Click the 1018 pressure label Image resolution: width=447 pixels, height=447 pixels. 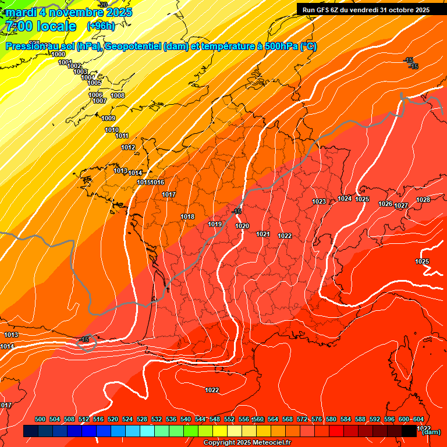click(x=187, y=217)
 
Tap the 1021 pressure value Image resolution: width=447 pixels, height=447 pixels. click(x=263, y=234)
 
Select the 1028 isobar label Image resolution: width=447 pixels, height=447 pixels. click(x=423, y=200)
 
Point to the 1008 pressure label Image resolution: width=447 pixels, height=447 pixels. click(x=118, y=95)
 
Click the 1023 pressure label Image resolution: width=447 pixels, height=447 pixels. click(x=319, y=202)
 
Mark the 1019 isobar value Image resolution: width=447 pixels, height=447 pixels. click(x=215, y=224)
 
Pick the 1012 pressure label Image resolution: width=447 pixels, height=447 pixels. click(x=128, y=147)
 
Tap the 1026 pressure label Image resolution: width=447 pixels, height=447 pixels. click(x=385, y=204)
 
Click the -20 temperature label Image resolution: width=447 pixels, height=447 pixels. click(x=103, y=5)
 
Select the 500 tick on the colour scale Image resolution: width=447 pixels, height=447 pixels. click(x=40, y=419)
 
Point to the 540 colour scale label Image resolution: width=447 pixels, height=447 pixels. click(x=186, y=419)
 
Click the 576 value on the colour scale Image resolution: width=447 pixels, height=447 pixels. click(x=317, y=419)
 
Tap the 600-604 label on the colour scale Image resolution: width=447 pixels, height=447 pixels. click(x=411, y=419)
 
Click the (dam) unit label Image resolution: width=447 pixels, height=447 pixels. click(x=431, y=432)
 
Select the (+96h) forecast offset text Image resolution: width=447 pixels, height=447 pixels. click(x=101, y=26)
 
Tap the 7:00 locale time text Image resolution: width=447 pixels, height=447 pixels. click(x=40, y=26)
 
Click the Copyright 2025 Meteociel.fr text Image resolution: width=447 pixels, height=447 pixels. click(x=247, y=443)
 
